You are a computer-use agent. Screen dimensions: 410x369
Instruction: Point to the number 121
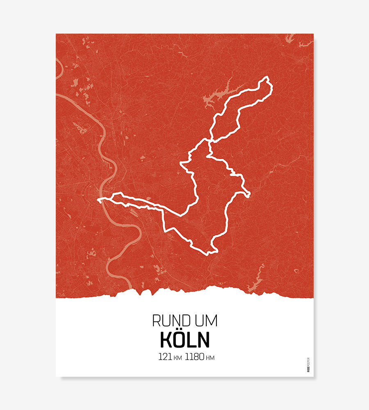click(x=165, y=357)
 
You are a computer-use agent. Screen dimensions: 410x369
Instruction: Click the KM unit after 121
click(x=178, y=358)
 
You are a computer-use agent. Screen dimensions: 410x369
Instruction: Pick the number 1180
click(x=194, y=357)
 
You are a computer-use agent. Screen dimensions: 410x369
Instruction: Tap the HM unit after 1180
click(x=210, y=358)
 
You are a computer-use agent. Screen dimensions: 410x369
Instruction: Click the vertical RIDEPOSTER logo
click(x=308, y=364)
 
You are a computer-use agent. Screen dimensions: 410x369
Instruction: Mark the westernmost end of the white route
click(x=98, y=200)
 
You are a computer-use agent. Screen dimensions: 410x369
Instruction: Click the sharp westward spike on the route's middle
click(x=181, y=164)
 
